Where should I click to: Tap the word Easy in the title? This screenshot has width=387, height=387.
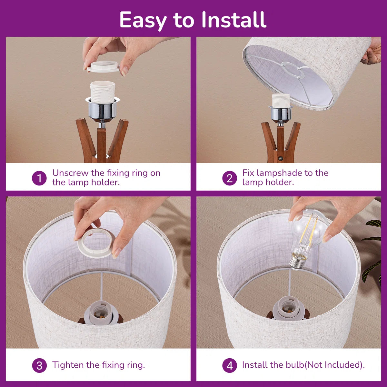[x=143, y=21]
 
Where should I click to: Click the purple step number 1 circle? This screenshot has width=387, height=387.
[x=39, y=178]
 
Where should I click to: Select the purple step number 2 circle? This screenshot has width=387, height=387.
[x=230, y=178]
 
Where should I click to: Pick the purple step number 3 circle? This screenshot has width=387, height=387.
[x=39, y=365]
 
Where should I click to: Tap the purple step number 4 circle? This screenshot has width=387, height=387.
[x=230, y=365]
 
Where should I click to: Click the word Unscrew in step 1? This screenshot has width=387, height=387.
[x=70, y=173]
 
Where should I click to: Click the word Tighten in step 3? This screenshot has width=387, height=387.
[x=68, y=365]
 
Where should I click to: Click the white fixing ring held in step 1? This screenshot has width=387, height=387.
[x=103, y=67]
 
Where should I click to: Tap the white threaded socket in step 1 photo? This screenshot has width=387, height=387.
[x=103, y=91]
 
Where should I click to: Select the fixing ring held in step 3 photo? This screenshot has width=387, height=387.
[x=96, y=243]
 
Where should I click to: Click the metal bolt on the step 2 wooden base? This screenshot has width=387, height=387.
[x=280, y=159]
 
